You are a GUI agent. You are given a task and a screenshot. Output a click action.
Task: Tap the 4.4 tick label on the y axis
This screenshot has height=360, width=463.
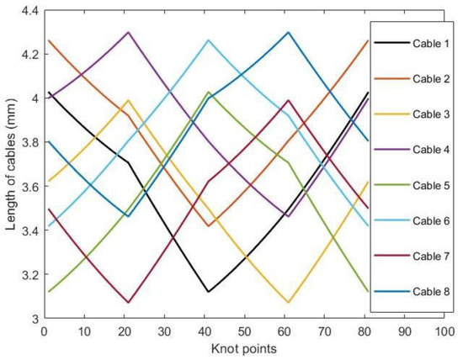coord(26,10)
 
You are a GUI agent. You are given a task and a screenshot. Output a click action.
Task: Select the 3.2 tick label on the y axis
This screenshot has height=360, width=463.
coord(26,275)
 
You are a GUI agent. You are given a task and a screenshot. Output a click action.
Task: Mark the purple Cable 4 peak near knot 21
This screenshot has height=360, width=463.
coord(128,32)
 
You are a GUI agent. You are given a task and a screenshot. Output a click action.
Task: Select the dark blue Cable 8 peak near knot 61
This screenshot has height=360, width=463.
coord(288,32)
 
